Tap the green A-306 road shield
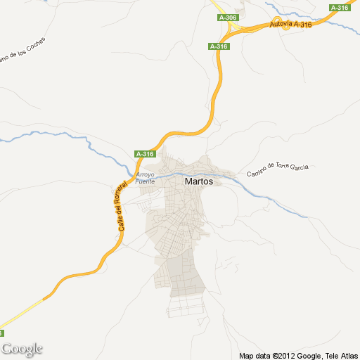[x=227, y=17]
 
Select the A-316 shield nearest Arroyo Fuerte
[x=145, y=154]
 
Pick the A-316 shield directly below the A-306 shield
[x=219, y=46]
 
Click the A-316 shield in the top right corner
[x=340, y=8]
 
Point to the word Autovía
[x=281, y=26]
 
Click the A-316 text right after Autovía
[x=302, y=24]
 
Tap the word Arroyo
[x=144, y=174]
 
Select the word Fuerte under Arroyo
[x=144, y=181]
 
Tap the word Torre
[x=283, y=167]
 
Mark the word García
[x=300, y=167]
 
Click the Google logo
[x=22, y=349]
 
